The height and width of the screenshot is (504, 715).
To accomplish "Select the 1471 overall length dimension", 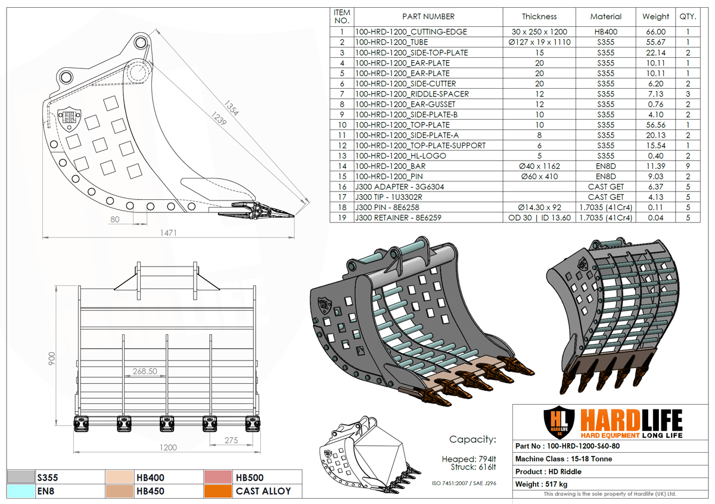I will tap(169, 233).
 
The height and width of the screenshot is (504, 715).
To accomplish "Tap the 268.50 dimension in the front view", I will tap(145, 371).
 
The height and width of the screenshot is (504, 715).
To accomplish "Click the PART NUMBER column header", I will tap(428, 17).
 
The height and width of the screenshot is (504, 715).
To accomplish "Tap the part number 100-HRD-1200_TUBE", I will tap(391, 42).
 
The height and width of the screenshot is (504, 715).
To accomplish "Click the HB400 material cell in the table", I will tap(605, 32).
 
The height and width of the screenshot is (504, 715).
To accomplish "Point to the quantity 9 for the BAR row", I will tap(688, 166).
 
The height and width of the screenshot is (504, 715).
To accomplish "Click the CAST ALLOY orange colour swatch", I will tap(217, 491).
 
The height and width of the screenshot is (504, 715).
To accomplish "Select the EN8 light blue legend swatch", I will tap(20, 491).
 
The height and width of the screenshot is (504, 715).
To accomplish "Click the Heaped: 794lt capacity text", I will tap(468, 459).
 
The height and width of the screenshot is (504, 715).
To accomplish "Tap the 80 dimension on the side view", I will tap(115, 219).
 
